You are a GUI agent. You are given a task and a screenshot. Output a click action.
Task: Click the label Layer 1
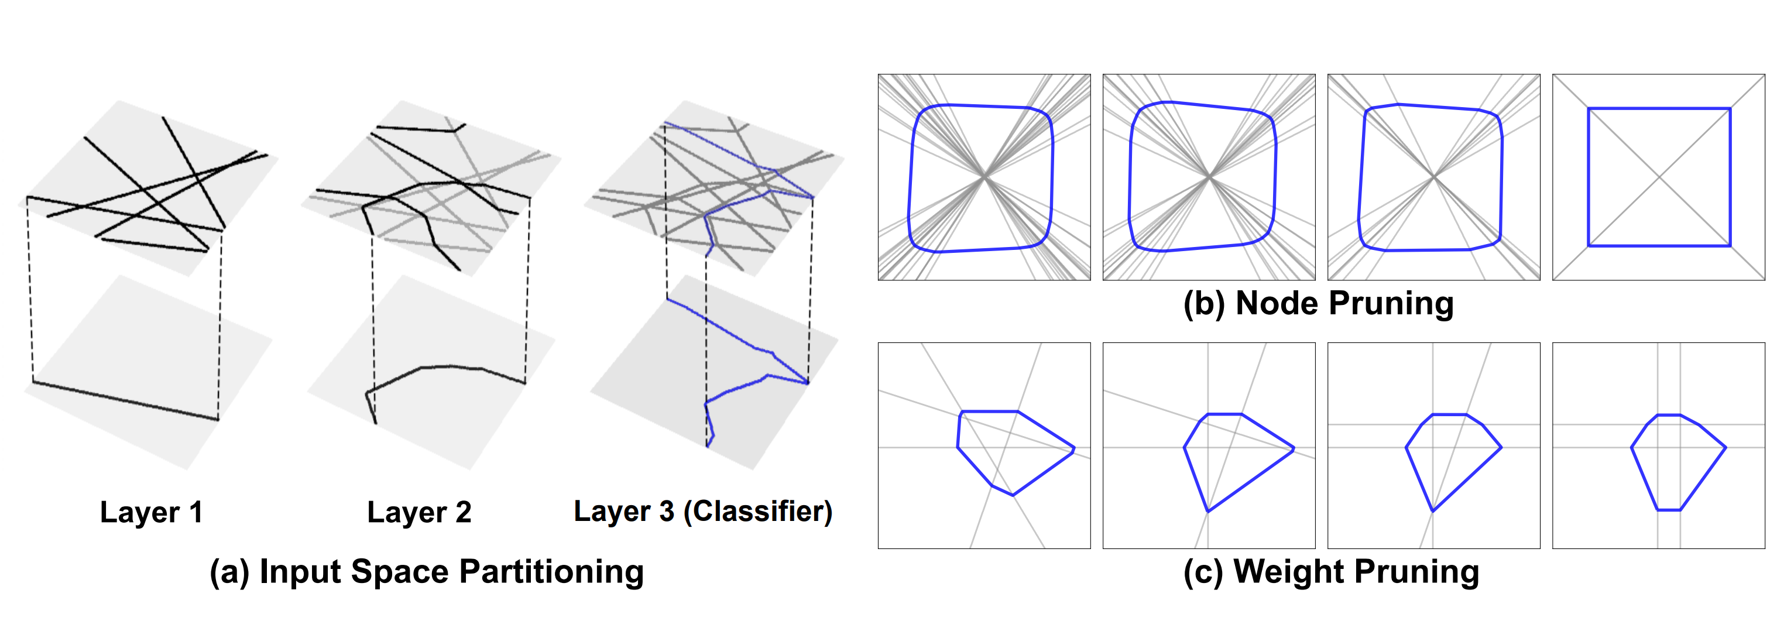coord(151,512)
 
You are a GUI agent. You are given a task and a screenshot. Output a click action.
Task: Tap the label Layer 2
coord(420,512)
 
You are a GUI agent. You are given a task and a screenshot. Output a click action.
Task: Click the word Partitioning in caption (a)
coord(551,572)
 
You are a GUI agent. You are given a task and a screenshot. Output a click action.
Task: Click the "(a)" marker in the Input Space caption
coord(229,573)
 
